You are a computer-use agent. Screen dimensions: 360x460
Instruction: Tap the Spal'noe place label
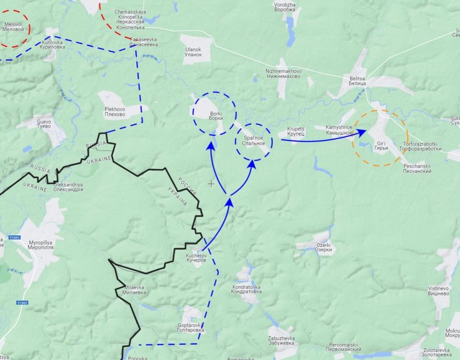pos(254,141)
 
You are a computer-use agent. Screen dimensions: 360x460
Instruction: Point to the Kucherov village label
pos(196,258)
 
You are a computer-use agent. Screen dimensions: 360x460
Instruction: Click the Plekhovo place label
pos(115,112)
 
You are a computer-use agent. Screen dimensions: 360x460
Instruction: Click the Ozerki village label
pos(323,247)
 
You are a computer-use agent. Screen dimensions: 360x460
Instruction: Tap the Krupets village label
pos(296,132)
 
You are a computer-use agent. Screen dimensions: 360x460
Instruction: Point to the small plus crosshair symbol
pos(211,183)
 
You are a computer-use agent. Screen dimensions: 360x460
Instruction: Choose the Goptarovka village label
pos(187,327)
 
